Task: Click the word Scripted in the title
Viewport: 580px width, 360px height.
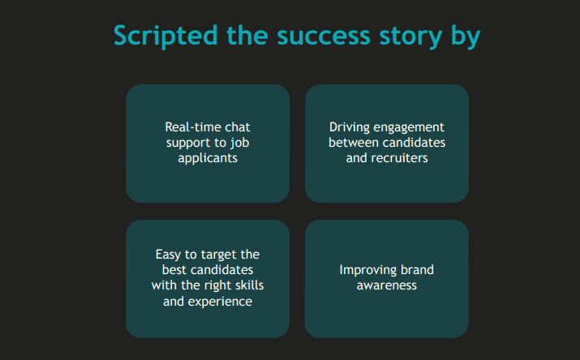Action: pos(165,36)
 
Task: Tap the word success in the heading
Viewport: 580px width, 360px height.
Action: pos(324,36)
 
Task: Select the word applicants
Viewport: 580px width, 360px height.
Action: pos(208,159)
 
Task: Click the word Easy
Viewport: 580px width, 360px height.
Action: pos(168,255)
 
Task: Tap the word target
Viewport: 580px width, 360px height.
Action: pos(218,255)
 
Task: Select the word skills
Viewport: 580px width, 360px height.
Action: pos(250,285)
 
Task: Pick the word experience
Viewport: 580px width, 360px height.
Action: pos(220,302)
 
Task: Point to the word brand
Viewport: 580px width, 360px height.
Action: pos(417,270)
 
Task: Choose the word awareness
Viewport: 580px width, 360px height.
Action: pos(387,285)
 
